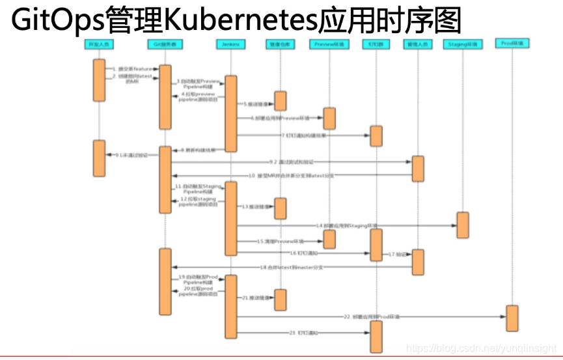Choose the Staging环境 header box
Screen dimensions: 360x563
pos(463,44)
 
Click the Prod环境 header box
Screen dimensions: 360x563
pos(512,44)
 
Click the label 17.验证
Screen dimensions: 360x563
pos(397,254)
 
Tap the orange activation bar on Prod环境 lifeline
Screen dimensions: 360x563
pos(512,318)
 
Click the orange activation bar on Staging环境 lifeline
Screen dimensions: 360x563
pos(463,225)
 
